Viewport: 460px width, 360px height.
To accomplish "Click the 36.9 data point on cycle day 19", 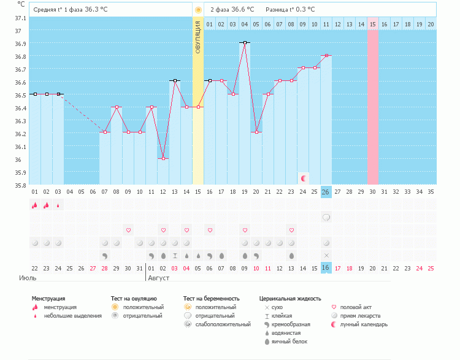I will click(245, 43).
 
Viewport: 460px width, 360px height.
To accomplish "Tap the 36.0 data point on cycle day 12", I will click(163, 159).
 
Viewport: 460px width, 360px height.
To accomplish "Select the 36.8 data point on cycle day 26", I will click(326, 56).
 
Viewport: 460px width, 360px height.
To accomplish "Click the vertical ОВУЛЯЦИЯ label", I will click(198, 37).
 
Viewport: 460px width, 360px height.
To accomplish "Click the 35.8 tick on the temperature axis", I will click(20, 185).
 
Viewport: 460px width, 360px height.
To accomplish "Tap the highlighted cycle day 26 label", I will click(326, 192).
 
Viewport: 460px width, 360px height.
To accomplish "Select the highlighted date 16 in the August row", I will click(326, 268).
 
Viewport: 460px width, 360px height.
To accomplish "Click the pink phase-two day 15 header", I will click(373, 25).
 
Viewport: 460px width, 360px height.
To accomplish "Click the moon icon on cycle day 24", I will click(303, 178).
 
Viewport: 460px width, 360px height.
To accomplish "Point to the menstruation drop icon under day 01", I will click(35, 205).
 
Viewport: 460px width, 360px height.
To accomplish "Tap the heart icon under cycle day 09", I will click(128, 230).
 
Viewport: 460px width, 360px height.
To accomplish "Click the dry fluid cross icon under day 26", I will click(326, 255).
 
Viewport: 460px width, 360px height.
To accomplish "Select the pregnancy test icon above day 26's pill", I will click(326, 217).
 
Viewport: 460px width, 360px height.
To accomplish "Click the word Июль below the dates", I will click(28, 278).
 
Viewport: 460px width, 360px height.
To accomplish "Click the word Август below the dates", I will click(159, 278).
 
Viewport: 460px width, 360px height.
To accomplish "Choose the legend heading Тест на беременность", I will click(212, 299).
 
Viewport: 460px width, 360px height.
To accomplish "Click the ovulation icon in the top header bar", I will click(198, 10).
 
